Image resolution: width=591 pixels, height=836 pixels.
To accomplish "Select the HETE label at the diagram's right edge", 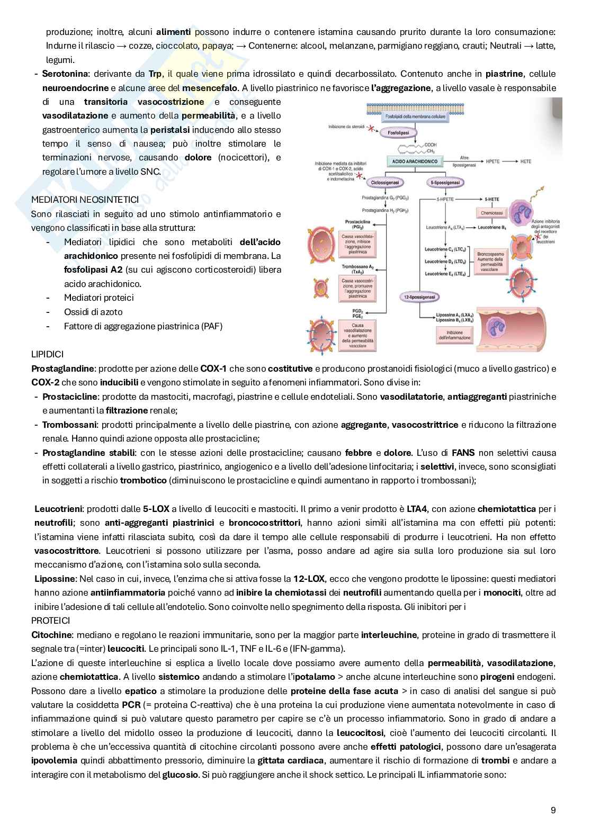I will [525, 161].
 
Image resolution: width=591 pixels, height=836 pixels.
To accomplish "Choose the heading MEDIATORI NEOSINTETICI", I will [85, 200].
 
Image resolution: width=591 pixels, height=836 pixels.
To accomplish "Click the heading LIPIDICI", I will [48, 354].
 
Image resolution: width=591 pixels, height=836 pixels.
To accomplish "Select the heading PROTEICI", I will [51, 620].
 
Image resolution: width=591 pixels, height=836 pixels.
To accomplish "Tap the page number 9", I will [553, 810].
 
